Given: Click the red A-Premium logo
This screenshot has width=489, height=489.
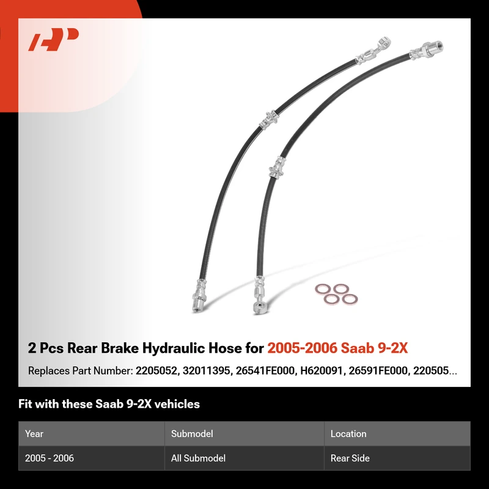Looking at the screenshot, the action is point(53,39).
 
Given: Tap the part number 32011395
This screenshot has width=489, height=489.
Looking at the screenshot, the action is point(206,371).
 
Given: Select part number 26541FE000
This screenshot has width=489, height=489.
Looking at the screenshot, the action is point(265,371).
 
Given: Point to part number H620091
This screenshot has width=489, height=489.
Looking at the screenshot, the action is point(321,371).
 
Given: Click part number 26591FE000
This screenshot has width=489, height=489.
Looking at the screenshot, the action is point(377,371).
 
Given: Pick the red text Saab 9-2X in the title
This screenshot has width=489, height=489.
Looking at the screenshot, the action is point(374,348).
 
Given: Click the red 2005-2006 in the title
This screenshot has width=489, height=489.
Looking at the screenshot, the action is point(302,348).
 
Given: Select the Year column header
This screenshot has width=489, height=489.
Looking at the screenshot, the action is point(34,433).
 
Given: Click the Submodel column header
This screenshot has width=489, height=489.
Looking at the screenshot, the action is point(192,433).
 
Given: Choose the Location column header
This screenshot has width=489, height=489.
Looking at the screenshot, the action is point(348,433).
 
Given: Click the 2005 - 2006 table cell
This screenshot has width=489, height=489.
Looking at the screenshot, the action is point(50,458).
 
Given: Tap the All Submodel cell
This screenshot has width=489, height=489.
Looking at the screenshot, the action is point(198,458).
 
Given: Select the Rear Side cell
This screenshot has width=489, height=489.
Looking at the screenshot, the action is point(350,458).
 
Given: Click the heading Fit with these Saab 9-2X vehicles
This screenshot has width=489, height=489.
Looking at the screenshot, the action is point(109,404).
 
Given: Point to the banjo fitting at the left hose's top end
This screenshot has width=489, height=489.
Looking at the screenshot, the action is point(374,51).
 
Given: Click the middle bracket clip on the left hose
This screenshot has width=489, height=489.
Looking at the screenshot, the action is point(269,120).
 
